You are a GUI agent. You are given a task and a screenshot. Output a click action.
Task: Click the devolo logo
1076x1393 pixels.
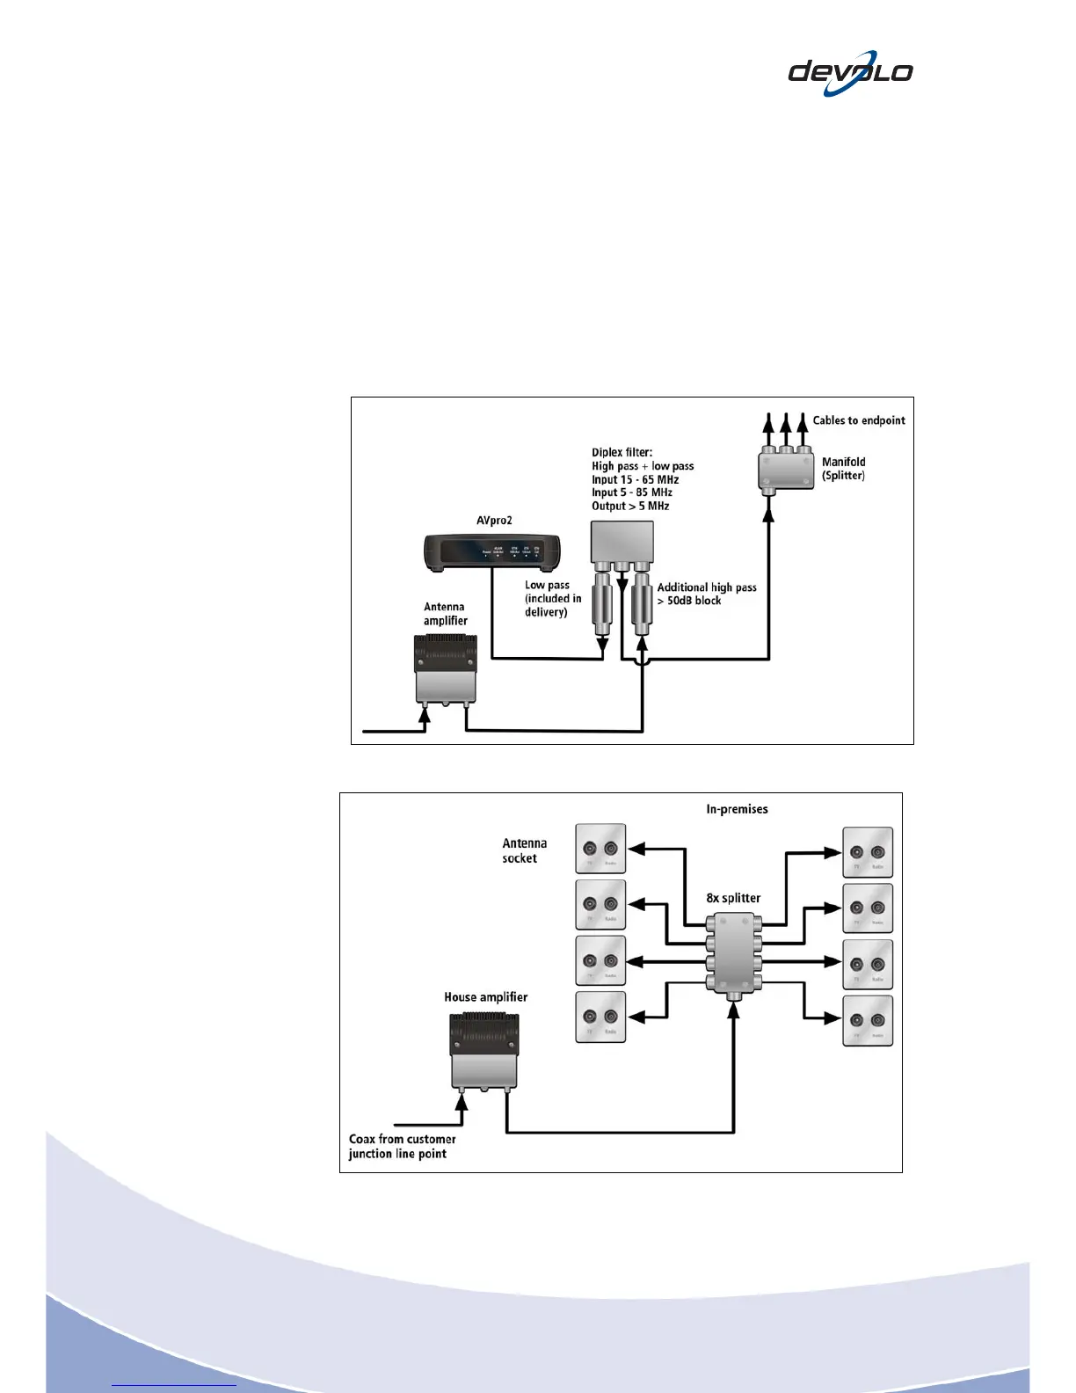tap(850, 73)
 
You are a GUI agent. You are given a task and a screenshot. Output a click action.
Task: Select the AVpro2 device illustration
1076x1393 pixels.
tap(492, 551)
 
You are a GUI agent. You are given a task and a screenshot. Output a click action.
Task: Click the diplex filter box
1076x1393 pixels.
tap(622, 542)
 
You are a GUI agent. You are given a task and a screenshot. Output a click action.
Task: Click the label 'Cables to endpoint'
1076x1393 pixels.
tap(858, 420)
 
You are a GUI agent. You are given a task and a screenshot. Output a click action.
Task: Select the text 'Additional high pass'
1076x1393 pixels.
tap(707, 587)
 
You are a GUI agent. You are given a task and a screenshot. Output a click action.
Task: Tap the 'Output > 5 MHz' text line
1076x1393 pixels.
tap(630, 506)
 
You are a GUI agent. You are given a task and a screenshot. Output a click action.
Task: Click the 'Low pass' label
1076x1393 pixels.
tap(547, 585)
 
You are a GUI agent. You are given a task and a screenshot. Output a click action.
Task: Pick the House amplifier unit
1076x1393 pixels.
tap(483, 1051)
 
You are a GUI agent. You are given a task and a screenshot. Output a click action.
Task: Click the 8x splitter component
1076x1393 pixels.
tap(733, 952)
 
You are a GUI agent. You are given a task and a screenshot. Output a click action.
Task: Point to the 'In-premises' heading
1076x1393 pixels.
tap(737, 809)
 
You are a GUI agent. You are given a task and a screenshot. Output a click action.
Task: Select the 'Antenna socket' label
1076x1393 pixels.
tap(524, 850)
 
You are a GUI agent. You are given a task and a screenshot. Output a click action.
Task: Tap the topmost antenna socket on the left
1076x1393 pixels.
tap(600, 850)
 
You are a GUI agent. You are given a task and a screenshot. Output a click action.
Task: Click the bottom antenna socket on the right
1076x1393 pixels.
tap(868, 1020)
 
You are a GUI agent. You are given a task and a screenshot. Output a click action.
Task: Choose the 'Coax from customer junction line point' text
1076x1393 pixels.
tap(402, 1146)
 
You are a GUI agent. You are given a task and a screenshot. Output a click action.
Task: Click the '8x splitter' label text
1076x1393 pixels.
tap(733, 898)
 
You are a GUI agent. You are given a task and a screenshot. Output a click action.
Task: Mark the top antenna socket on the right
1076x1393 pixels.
tap(868, 852)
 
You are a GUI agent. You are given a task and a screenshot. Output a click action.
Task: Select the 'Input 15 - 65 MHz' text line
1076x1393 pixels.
tap(635, 479)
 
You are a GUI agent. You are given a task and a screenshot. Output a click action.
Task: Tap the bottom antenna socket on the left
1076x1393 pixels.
tap(600, 1017)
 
